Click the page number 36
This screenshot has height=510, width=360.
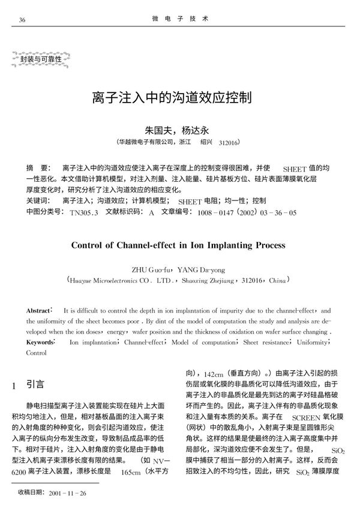[22, 19]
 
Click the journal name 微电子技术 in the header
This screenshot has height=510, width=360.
[180, 19]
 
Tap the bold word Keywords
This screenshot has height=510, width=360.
[41, 342]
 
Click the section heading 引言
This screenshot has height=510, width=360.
[35, 383]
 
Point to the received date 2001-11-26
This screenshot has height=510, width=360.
[69, 493]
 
